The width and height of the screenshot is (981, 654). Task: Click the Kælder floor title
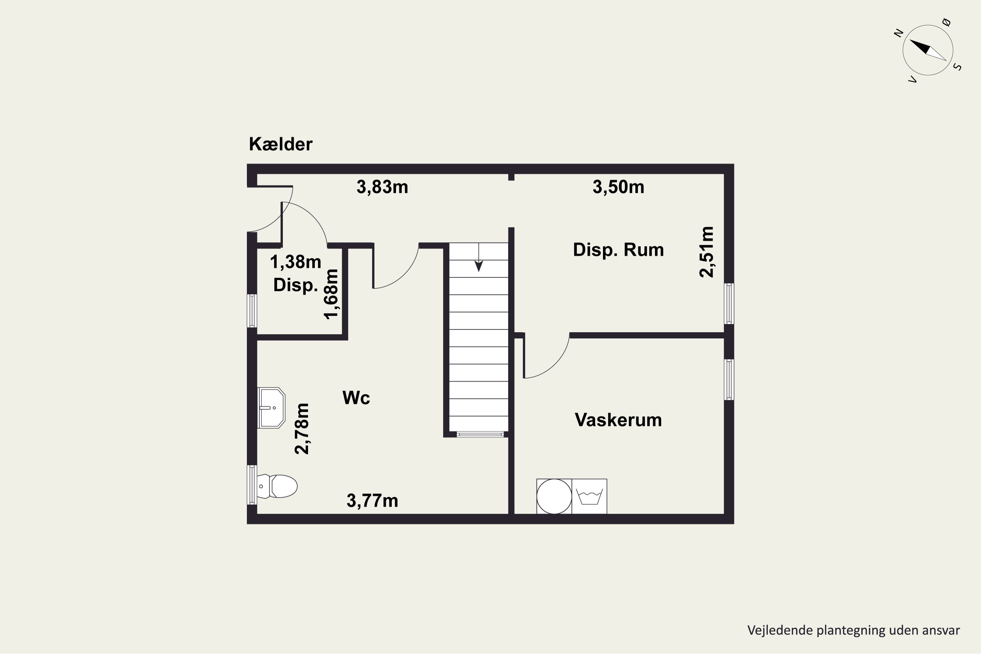pyautogui.click(x=280, y=144)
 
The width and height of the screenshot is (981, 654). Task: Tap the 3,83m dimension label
pyautogui.click(x=382, y=187)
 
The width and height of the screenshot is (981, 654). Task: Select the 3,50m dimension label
pyautogui.click(x=618, y=187)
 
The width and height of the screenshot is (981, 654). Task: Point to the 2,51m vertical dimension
pyautogui.click(x=707, y=252)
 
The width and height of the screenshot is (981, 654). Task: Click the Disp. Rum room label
pyautogui.click(x=618, y=250)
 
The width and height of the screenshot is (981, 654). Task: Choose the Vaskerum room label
pyautogui.click(x=618, y=420)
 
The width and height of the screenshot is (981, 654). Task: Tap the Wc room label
pyautogui.click(x=356, y=398)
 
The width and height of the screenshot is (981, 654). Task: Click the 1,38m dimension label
pyautogui.click(x=296, y=262)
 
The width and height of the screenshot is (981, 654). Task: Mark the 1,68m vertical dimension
pyautogui.click(x=332, y=294)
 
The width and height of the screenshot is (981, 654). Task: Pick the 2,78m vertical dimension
pyautogui.click(x=302, y=428)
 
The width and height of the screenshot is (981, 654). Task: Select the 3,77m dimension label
pyautogui.click(x=372, y=501)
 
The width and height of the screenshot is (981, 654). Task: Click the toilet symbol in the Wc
pyautogui.click(x=277, y=486)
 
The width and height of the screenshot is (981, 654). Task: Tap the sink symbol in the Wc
pyautogui.click(x=271, y=408)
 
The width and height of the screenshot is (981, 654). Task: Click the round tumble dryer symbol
pyautogui.click(x=554, y=496)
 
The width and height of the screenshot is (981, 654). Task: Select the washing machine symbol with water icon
pyautogui.click(x=589, y=496)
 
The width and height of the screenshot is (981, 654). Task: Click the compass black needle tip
pyautogui.click(x=910, y=40)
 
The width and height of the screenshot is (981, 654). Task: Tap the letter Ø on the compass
pyautogui.click(x=946, y=22)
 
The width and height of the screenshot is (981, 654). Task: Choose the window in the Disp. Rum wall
pyautogui.click(x=729, y=304)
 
